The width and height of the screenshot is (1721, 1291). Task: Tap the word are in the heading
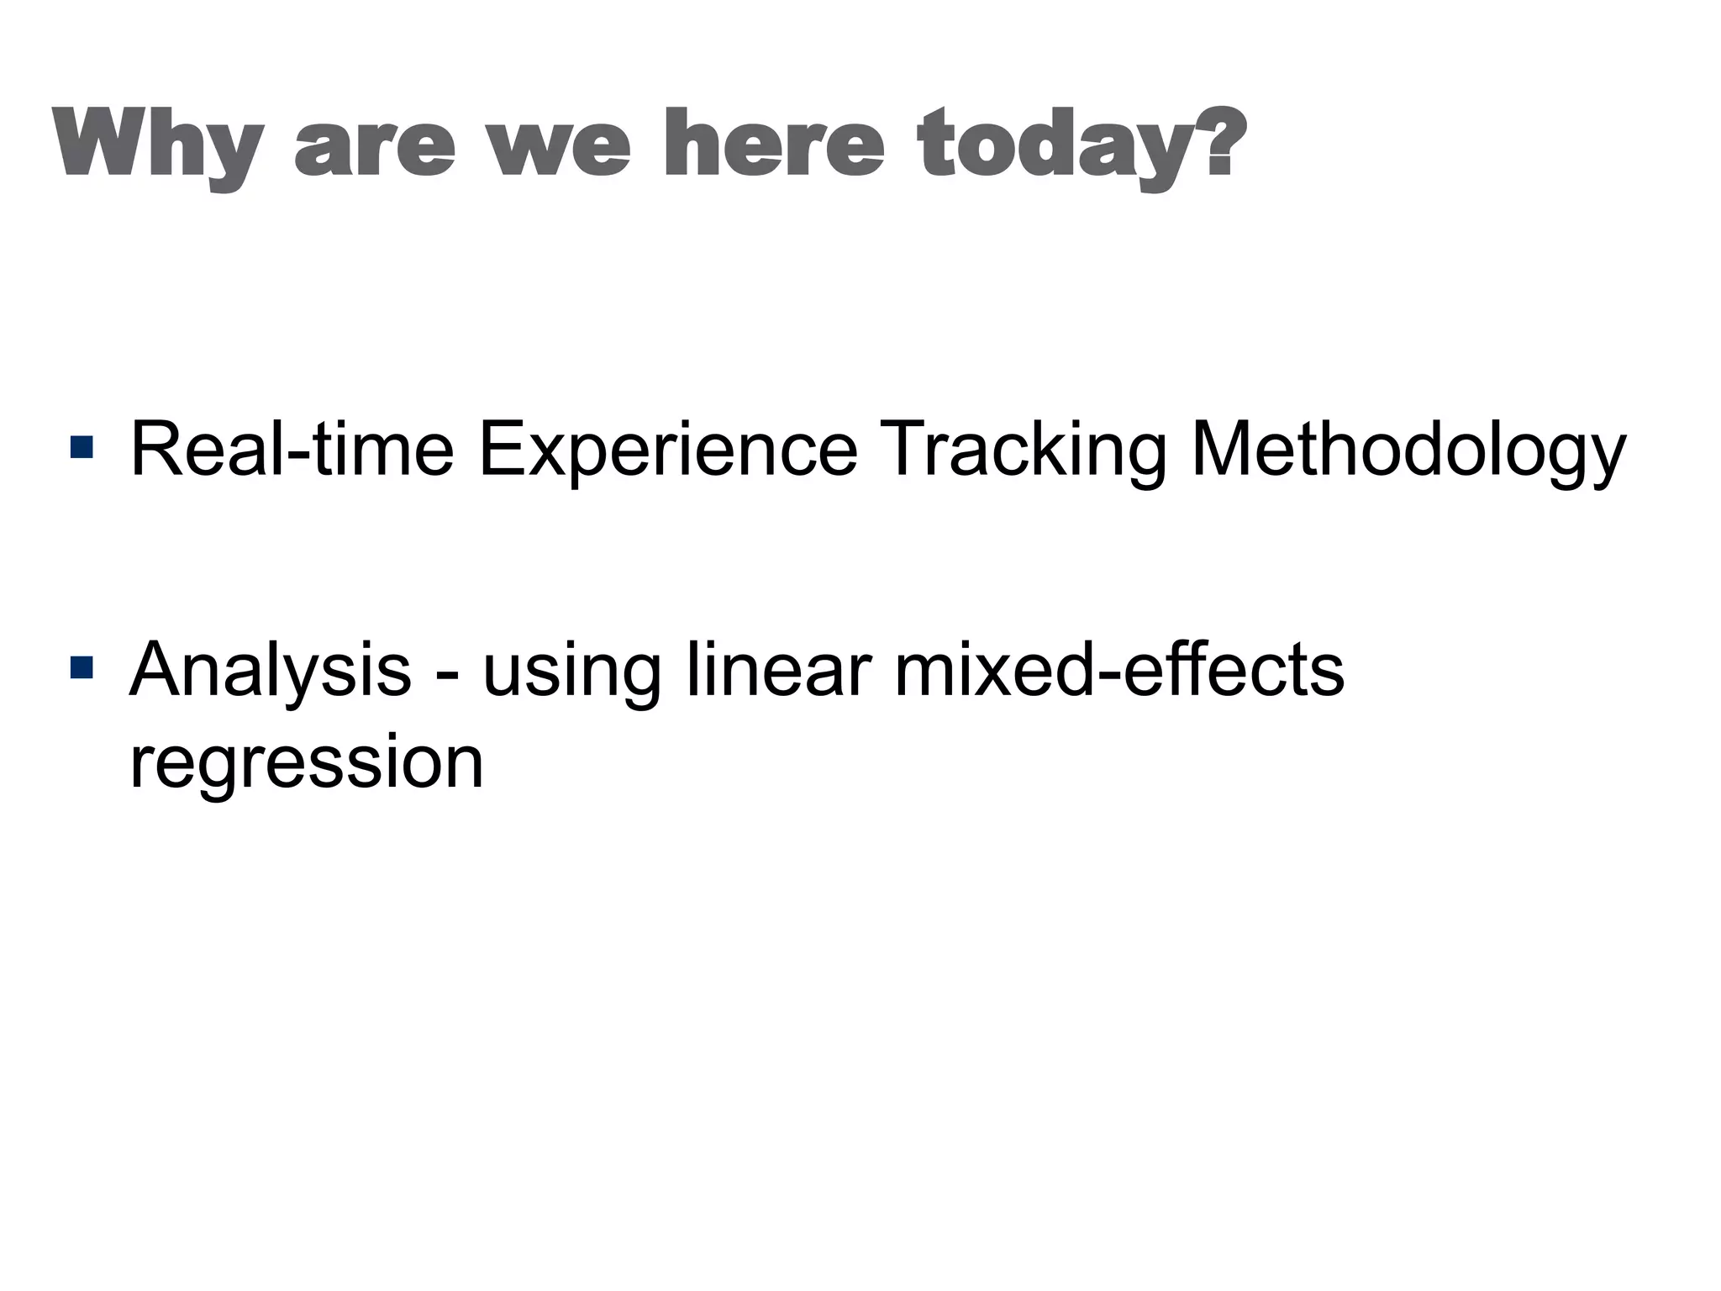coord(375,147)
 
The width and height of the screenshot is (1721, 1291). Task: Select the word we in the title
coord(560,147)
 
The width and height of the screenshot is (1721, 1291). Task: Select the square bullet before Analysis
coord(82,668)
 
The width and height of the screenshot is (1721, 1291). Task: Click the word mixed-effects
coord(1118,669)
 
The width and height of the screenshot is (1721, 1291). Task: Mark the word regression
coord(307,763)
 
